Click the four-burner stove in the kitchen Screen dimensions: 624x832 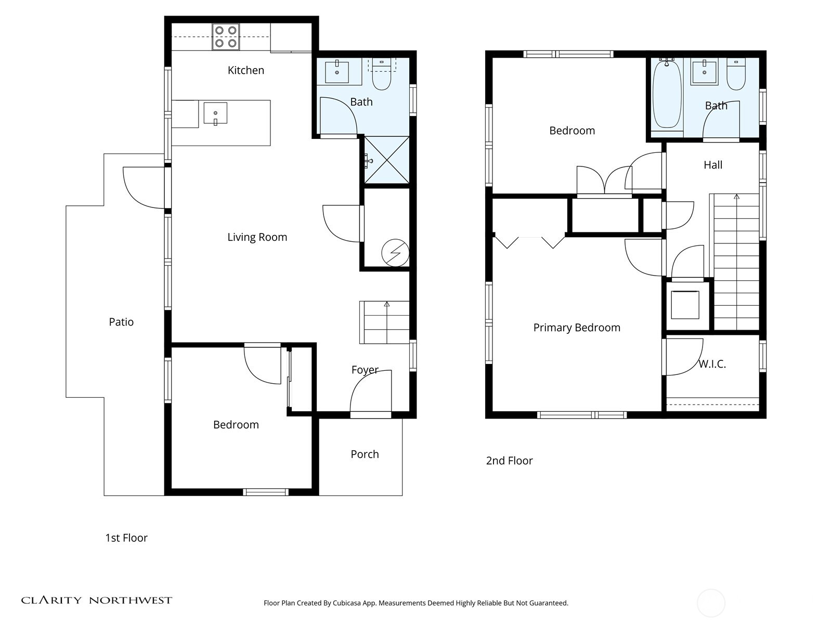(x=226, y=37)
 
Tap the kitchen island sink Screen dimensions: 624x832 (x=215, y=113)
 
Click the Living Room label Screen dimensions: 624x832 (x=257, y=237)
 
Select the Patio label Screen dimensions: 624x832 (x=121, y=322)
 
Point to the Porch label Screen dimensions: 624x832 (x=365, y=454)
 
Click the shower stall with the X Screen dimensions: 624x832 (x=386, y=160)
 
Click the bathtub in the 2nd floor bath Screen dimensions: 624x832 (x=667, y=94)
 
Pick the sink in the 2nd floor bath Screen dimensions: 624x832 (x=704, y=71)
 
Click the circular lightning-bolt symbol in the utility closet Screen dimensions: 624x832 (x=395, y=253)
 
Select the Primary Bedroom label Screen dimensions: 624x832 (x=577, y=328)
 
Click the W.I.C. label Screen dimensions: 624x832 (x=712, y=364)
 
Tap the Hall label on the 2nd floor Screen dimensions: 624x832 (x=713, y=165)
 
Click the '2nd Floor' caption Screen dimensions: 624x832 (x=509, y=461)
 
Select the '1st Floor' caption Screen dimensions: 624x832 (x=126, y=538)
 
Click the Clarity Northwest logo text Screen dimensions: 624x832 (x=96, y=600)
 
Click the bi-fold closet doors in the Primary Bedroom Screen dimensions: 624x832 (x=529, y=242)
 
